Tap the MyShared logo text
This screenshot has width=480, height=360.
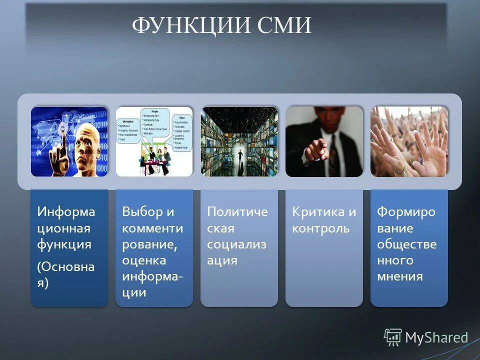point(436,337)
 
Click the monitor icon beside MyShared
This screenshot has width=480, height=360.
point(393,337)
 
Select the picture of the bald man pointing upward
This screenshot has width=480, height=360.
point(69,141)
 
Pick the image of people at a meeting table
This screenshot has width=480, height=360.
point(154,141)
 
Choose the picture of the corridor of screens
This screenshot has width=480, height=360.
point(239,141)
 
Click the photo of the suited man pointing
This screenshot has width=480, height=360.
point(324,141)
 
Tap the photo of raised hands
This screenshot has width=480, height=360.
point(409,141)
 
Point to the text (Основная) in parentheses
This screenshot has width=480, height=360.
point(65,274)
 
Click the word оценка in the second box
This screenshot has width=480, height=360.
point(144,260)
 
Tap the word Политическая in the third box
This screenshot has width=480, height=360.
point(237,220)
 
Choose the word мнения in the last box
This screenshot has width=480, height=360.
point(400,276)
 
